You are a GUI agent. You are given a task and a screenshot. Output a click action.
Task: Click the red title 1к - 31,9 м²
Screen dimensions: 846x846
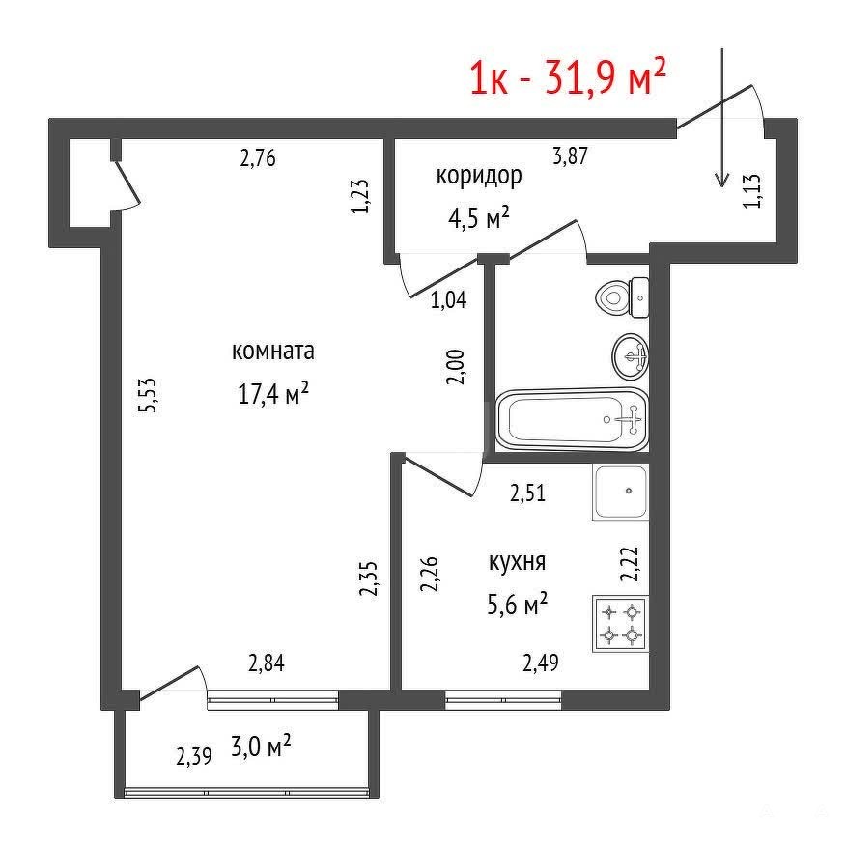(x=568, y=77)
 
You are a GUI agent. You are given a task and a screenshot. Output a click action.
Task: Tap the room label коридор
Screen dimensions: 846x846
(x=479, y=176)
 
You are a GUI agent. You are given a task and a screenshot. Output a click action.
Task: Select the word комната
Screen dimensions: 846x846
(x=273, y=351)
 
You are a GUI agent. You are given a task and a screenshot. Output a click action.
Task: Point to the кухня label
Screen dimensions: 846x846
(x=517, y=562)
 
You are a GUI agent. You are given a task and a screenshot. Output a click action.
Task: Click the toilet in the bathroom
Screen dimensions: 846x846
(x=623, y=297)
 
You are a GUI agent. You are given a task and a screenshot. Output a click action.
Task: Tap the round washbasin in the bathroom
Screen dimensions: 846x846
(x=631, y=356)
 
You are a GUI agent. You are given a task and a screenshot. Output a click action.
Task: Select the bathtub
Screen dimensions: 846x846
(x=572, y=420)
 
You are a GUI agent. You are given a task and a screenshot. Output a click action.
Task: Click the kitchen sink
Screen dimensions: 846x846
(x=620, y=492)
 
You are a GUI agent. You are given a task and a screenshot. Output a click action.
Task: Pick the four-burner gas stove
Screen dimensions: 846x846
(x=620, y=624)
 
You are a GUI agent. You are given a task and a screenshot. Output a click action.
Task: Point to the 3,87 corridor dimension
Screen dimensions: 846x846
(x=571, y=155)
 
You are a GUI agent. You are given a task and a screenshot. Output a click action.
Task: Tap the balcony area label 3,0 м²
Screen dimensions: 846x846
(x=261, y=747)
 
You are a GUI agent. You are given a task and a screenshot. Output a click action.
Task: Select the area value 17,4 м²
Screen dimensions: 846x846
(x=273, y=393)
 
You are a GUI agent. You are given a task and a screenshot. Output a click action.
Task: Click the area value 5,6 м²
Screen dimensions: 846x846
(x=517, y=604)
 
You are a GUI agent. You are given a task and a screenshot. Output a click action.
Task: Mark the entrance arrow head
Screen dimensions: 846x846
(x=722, y=181)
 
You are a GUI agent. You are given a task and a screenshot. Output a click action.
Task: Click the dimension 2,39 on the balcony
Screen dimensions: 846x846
(x=194, y=756)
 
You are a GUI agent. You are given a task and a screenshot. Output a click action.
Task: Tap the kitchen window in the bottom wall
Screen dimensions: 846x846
(x=503, y=700)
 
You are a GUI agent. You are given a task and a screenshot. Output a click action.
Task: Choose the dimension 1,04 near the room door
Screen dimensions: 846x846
(x=448, y=299)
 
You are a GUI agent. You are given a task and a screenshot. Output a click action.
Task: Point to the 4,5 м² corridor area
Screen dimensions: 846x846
(x=479, y=218)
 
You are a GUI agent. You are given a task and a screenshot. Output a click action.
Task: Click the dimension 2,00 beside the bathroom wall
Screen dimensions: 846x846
(x=456, y=367)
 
